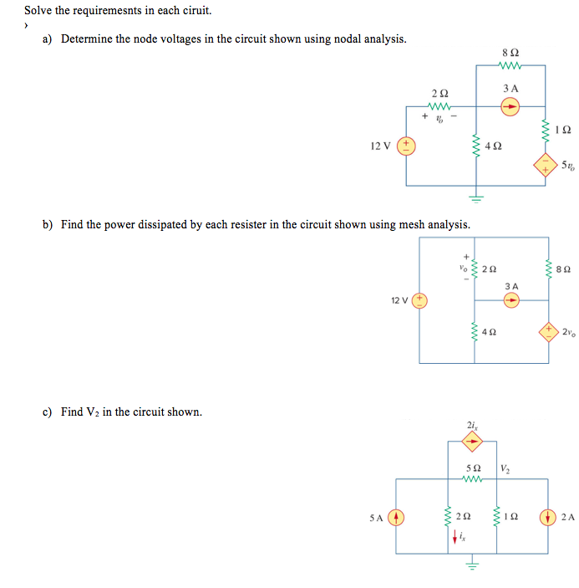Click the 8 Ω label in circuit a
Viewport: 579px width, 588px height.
[x=510, y=53]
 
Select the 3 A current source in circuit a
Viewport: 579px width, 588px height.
[x=510, y=106]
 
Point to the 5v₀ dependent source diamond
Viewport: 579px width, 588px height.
[x=546, y=164]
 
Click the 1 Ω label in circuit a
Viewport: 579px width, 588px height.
[x=563, y=130]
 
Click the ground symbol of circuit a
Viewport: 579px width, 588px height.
[x=475, y=198]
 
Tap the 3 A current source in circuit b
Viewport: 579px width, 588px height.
[x=511, y=300]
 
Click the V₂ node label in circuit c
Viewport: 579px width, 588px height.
[x=505, y=467]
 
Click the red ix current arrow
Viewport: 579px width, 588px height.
[x=455, y=538]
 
